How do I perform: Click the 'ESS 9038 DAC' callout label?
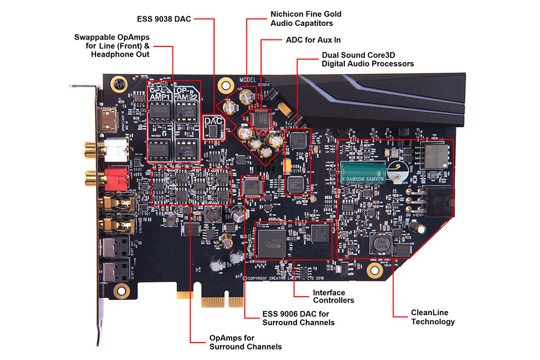point(163,20)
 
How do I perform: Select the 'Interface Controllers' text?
point(333,296)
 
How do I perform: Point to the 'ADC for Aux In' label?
point(313,40)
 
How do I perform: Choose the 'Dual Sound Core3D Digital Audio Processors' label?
point(368,59)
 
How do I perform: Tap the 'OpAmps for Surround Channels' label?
point(245,342)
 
